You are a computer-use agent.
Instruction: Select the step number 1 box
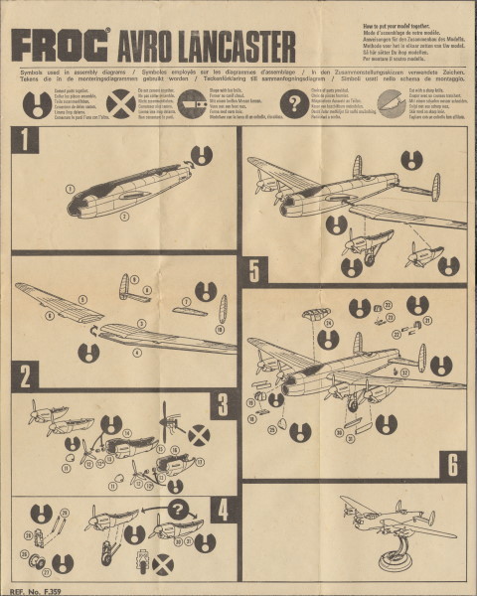point(24,139)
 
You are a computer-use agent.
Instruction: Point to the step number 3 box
point(222,402)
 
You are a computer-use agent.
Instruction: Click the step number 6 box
point(451,463)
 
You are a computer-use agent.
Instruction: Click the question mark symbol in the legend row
point(294,103)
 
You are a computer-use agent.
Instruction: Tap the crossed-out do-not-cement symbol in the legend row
point(121,103)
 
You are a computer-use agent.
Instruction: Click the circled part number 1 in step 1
point(71,188)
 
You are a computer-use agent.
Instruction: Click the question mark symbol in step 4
point(178,510)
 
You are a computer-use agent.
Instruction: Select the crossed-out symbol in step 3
point(199,434)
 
